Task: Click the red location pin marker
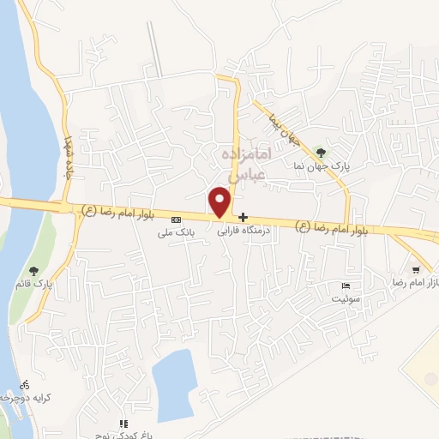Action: pos(220,201)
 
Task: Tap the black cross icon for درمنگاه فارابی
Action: pos(244,217)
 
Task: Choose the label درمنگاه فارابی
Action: pos(244,231)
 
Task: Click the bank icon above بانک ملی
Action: pos(176,219)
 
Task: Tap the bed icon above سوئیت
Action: pos(346,285)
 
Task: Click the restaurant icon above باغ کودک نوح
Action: pos(123,424)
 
